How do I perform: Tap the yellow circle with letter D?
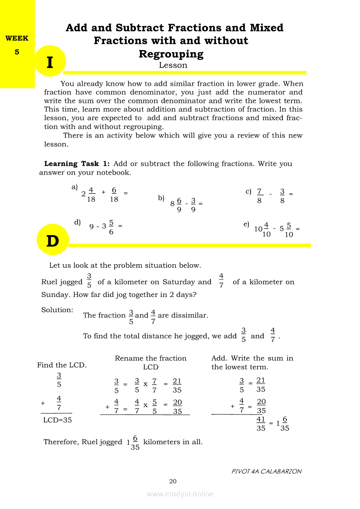(x=52, y=240)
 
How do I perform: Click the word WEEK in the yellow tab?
(x=17, y=38)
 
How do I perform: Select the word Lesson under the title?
(x=173, y=65)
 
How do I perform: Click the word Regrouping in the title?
(x=171, y=54)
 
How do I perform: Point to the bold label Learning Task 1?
(x=77, y=164)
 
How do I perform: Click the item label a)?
(x=75, y=187)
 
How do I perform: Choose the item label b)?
(x=161, y=198)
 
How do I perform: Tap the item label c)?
(x=248, y=191)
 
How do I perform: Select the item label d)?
(x=78, y=222)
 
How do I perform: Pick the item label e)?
(x=246, y=224)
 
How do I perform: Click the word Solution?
(x=57, y=310)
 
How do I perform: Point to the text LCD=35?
(x=58, y=420)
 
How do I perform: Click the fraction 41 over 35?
(x=261, y=424)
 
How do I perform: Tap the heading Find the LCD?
(x=62, y=365)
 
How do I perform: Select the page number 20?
(x=173, y=481)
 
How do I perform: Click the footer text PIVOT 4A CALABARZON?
(x=267, y=471)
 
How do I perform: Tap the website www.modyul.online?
(x=180, y=494)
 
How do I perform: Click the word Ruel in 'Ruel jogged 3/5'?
(x=49, y=282)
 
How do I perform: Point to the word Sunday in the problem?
(x=54, y=295)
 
